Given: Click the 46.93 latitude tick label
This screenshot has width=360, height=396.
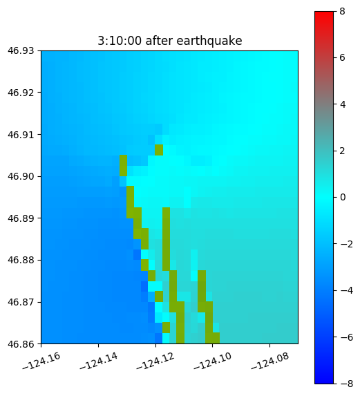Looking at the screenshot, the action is point(21,50).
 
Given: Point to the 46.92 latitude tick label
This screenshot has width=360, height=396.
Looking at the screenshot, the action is point(21,93).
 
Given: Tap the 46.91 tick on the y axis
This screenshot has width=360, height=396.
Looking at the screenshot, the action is point(21,134).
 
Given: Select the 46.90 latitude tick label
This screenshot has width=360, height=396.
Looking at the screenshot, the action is point(21,176).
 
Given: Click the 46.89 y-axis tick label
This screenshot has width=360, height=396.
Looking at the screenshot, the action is point(21,218).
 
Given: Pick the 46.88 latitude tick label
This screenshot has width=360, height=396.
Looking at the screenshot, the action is point(21,260).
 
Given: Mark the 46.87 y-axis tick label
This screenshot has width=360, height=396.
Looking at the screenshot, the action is point(21,302).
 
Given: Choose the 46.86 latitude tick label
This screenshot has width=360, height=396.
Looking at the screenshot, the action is point(21,343).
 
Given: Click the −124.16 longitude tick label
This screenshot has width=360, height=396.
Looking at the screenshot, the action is point(41,361).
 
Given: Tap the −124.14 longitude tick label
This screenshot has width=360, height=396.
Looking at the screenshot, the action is point(98,361).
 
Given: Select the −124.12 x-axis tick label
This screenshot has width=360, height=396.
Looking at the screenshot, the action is point(155,361).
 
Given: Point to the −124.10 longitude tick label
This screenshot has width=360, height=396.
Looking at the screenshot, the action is point(213,361).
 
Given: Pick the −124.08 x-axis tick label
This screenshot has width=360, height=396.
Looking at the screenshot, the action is point(269,361).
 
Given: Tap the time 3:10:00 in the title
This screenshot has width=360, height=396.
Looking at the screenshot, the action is point(120,41).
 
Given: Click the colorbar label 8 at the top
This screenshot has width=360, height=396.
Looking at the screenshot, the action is point(342,11).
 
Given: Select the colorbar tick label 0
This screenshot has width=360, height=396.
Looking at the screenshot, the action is point(343,197).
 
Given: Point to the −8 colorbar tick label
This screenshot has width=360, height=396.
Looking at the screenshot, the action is point(346,384).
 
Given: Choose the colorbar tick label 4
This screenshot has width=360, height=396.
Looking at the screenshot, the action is point(343,104).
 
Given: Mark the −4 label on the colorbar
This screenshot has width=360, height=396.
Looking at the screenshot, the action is point(346,290).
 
